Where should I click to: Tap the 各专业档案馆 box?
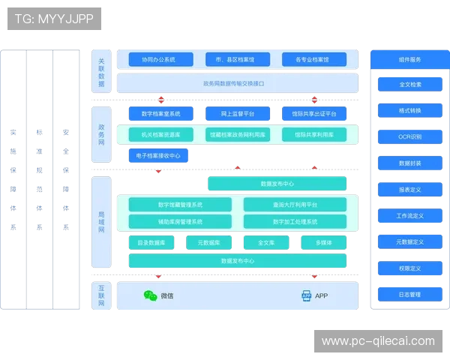(315, 59)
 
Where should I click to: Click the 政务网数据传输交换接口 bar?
(237, 83)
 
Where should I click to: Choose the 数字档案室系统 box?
(155, 114)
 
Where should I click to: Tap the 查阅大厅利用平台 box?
(295, 205)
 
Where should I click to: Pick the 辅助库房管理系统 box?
(180, 222)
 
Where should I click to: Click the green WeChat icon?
(151, 296)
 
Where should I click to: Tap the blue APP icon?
(306, 296)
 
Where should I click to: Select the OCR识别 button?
(410, 137)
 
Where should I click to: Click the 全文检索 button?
(410, 85)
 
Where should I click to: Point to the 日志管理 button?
(410, 295)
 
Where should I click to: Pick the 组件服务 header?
(409, 60)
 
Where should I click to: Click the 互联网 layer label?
(101, 295)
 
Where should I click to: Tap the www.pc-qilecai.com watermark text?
(378, 341)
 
